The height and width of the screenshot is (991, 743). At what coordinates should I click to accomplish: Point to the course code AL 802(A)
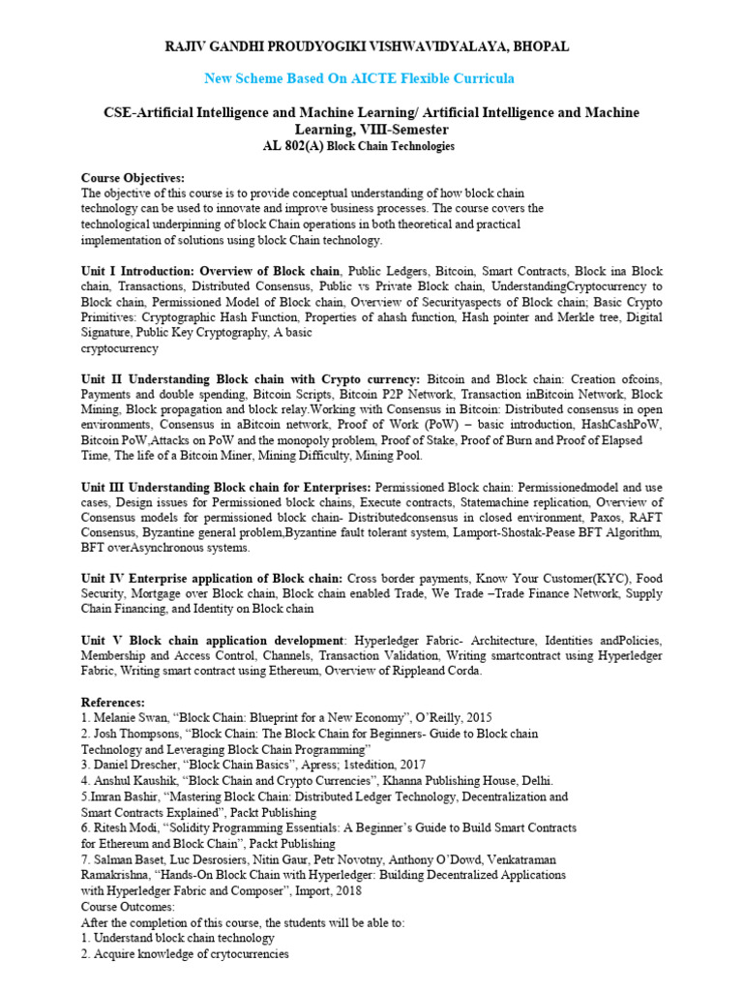click(292, 146)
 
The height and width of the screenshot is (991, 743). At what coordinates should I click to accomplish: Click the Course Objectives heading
click(132, 178)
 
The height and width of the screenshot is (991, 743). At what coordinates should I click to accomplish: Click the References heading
click(113, 702)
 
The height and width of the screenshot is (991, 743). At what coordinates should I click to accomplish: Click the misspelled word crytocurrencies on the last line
click(242, 954)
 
